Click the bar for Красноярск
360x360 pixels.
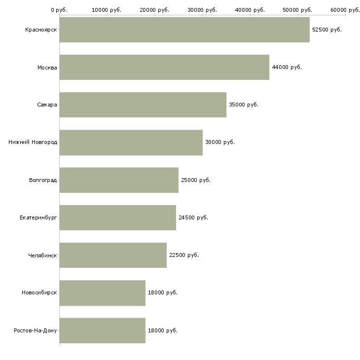(184, 30)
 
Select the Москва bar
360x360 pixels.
(164, 67)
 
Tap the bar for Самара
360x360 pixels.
(143, 105)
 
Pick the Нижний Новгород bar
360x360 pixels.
(131, 143)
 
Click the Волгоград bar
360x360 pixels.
(119, 180)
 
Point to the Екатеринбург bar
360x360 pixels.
(118, 217)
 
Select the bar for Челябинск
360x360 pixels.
(113, 255)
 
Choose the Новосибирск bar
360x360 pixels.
(103, 293)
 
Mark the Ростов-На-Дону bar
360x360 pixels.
(103, 330)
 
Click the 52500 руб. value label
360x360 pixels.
(327, 30)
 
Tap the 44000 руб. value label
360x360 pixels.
(287, 67)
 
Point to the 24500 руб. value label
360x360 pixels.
(193, 217)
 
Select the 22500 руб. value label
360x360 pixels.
(184, 255)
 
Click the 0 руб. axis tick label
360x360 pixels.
(59, 10)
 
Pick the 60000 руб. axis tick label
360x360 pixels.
(345, 10)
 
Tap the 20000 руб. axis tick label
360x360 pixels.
(154, 10)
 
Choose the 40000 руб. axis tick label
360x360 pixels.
(250, 10)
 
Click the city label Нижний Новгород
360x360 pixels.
(33, 143)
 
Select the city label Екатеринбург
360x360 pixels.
(38, 217)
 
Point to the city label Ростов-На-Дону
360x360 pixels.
(36, 330)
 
